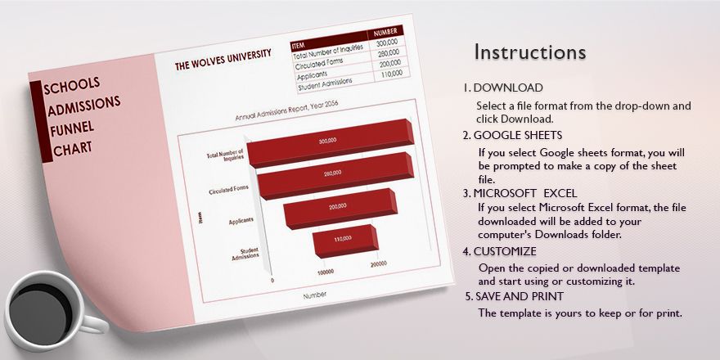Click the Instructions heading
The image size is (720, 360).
[x=530, y=52]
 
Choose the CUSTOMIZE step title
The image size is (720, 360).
[x=505, y=251]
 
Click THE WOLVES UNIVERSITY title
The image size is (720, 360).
[x=223, y=61]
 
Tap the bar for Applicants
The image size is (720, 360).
[x=338, y=207]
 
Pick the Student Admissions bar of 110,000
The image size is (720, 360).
[x=342, y=238]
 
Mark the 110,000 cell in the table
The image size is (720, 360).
[x=390, y=73]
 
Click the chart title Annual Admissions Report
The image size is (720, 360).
[x=286, y=111]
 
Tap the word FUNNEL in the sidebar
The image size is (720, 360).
[x=72, y=128]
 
